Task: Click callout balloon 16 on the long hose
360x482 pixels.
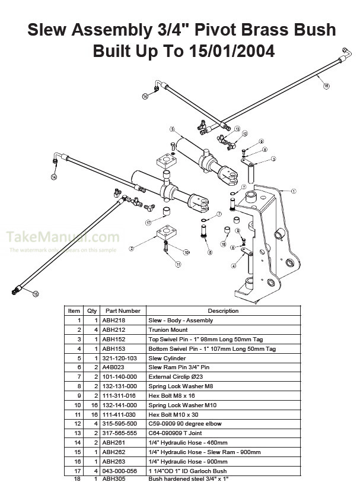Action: pyautogui.click(x=326, y=86)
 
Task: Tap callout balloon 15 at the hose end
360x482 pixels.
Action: pyautogui.click(x=35, y=293)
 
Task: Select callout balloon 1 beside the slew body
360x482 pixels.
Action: pyautogui.click(x=294, y=191)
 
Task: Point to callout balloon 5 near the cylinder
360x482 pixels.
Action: pyautogui.click(x=171, y=129)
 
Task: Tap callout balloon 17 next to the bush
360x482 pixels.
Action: pyautogui.click(x=148, y=223)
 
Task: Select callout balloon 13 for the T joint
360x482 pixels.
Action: pyautogui.click(x=237, y=129)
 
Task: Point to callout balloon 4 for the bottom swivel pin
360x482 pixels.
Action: pyautogui.click(x=234, y=265)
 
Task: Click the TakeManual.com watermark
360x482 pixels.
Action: pyautogui.click(x=63, y=237)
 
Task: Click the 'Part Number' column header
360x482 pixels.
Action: pyautogui.click(x=123, y=310)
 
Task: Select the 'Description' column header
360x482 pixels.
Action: pyautogui.click(x=223, y=310)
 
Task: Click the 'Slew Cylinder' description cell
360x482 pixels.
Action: pyautogui.click(x=167, y=358)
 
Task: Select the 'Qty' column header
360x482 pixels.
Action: pyautogui.click(x=92, y=310)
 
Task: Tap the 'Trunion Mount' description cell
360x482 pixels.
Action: pyautogui.click(x=168, y=329)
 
